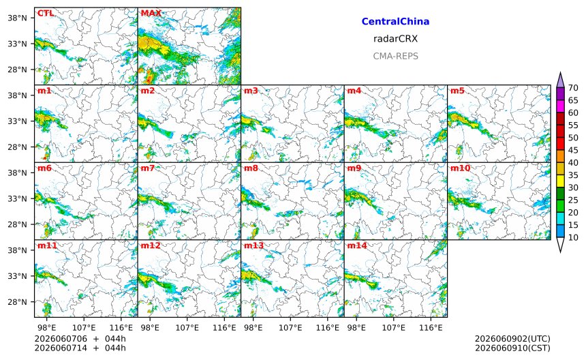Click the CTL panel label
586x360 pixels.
coord(46,14)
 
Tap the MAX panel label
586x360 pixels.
coord(151,14)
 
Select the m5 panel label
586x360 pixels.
coord(457,91)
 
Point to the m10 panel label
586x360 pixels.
coord(460,168)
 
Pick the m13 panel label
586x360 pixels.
coord(253,245)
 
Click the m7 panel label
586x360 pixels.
coord(148,168)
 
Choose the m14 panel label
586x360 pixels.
coord(357,245)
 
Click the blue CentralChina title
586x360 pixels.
coord(395,22)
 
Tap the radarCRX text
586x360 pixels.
coord(395,39)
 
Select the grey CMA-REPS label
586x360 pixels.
coord(395,56)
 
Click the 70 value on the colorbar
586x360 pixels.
coord(573,88)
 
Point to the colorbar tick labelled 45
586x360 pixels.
coord(573,150)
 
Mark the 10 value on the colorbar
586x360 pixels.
coord(573,237)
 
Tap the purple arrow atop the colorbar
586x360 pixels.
coord(560,80)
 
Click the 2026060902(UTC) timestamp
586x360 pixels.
coord(512,339)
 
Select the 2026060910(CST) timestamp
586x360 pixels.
coord(512,348)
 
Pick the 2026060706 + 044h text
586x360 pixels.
coord(80,339)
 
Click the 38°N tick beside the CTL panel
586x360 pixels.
coord(18,18)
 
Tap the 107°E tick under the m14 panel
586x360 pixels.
coord(394,328)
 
